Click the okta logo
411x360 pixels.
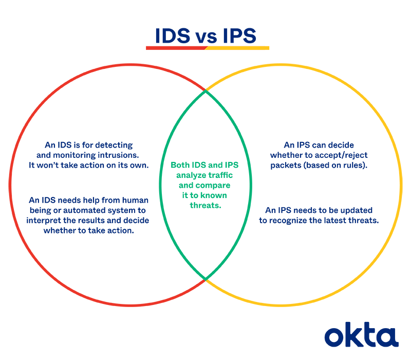(x=362, y=335)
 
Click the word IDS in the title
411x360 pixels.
(x=173, y=35)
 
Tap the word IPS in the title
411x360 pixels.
(x=239, y=35)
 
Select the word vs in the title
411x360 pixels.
(x=207, y=38)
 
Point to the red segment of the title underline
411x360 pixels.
(x=176, y=48)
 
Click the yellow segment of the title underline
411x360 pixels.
(x=237, y=48)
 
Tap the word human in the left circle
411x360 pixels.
(x=135, y=200)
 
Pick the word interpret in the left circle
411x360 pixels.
(x=44, y=221)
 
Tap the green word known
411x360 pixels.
(x=215, y=195)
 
